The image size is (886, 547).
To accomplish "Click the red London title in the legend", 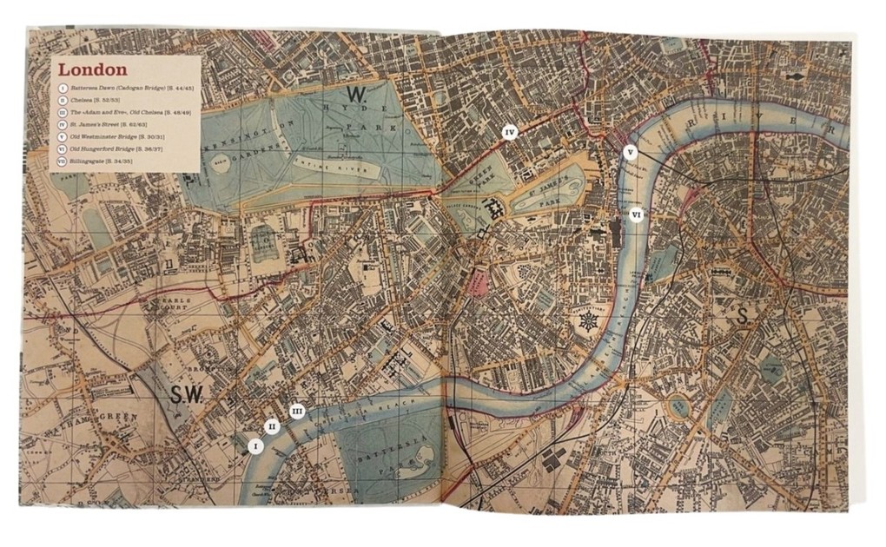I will (93, 69).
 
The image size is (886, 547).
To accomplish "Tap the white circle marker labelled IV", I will (511, 132).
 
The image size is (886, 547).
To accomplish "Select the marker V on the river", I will (631, 152).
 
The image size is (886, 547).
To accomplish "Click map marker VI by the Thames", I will (636, 213).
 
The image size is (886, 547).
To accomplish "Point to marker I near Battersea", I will (255, 445).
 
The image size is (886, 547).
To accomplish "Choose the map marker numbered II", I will (272, 426).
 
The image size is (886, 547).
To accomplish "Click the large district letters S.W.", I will (185, 396).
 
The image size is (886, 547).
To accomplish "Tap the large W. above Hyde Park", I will (356, 94).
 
